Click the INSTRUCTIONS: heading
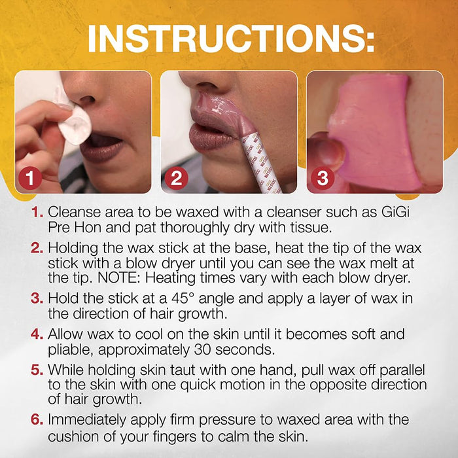coord(231,39)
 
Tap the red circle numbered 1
coord(30,178)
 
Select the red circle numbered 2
coord(176,178)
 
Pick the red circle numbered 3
coord(322,178)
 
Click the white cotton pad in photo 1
coord(75,126)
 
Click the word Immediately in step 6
coord(87,420)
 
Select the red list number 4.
coord(37,334)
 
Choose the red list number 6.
coord(37,420)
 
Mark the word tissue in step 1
coord(314,228)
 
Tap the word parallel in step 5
coord(402,370)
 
